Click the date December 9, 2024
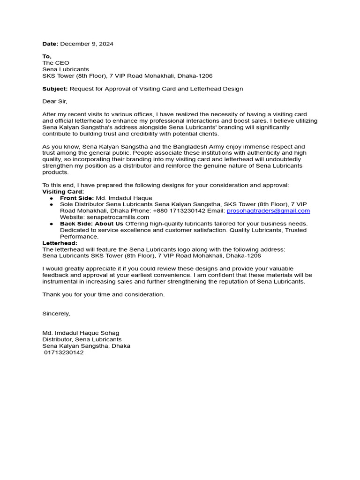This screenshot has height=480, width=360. point(86,44)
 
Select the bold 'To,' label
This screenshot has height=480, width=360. point(47,57)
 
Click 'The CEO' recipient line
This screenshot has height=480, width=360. point(56,63)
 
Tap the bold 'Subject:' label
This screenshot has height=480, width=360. point(55,89)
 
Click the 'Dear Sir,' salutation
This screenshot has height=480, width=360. point(55,101)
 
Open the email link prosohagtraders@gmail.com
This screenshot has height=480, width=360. point(268,211)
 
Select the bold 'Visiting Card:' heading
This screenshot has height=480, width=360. point(63,192)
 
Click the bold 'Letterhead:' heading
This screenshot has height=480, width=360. point(60,243)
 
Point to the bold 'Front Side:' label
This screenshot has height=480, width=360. point(77,198)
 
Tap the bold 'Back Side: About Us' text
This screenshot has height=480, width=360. point(91,224)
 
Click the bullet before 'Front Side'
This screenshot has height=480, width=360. point(51,199)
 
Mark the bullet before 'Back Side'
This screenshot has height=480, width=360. point(51,225)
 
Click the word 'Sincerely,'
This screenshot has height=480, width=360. point(56,313)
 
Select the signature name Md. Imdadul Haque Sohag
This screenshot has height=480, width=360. point(81,333)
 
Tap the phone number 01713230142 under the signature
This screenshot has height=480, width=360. point(64,352)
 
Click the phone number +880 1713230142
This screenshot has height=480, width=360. point(179,211)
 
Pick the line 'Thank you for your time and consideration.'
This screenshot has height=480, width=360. point(104,294)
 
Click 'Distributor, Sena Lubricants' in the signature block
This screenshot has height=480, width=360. point(82,339)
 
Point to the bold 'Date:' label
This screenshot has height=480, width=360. point(50,44)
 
